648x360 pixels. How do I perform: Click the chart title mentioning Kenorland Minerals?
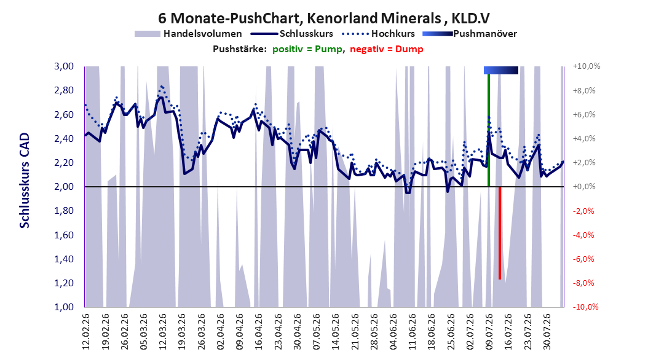324,18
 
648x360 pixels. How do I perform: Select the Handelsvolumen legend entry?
189,34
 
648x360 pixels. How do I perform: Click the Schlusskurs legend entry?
292,34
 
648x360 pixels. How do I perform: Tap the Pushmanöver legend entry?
470,34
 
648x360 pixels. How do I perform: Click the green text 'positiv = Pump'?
307,49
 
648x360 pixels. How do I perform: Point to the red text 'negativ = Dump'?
387,49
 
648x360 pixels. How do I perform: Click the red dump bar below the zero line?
500,233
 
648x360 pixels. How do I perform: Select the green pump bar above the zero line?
489,130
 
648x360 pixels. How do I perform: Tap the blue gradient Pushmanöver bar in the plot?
501,70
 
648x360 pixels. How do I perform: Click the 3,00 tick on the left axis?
64,66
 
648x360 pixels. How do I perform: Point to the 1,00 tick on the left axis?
64,307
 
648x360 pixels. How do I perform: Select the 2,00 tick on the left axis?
64,187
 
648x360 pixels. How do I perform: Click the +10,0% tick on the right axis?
587,66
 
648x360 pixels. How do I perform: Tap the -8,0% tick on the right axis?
583,283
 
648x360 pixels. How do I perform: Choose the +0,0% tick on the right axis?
583,187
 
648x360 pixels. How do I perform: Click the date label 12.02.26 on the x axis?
86,332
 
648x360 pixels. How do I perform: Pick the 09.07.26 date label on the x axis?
489,332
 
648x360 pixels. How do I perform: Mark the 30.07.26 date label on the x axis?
547,332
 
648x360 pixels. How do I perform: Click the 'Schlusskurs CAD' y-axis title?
25,180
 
